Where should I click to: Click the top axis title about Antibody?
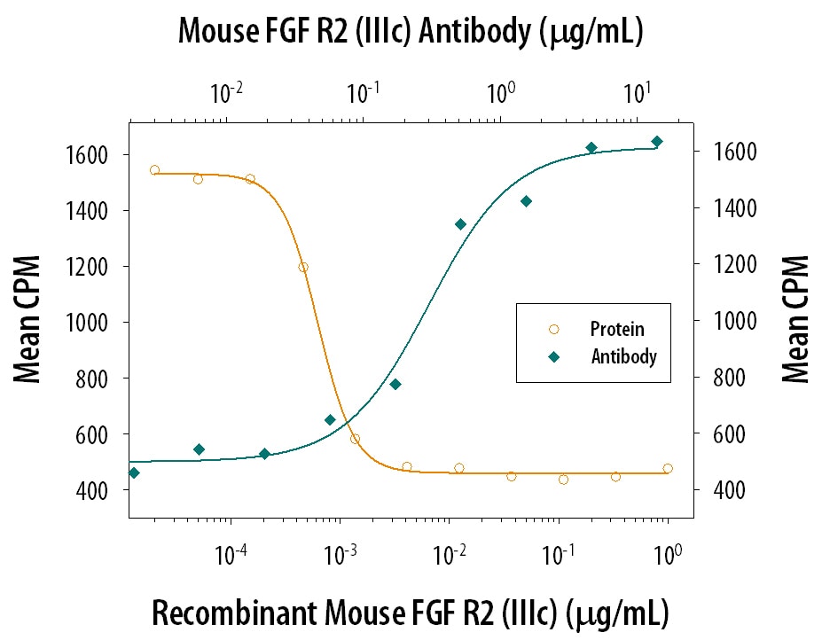(x=410, y=33)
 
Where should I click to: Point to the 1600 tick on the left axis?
(x=89, y=155)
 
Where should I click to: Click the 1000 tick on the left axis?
(x=89, y=323)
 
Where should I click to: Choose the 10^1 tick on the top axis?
(x=637, y=91)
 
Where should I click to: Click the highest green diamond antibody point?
(x=657, y=141)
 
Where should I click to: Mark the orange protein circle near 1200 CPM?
(x=303, y=267)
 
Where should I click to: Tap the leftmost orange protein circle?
(x=154, y=169)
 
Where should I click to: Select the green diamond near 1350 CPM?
(x=460, y=224)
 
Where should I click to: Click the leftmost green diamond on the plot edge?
(x=134, y=472)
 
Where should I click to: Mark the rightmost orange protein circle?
(x=668, y=468)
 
